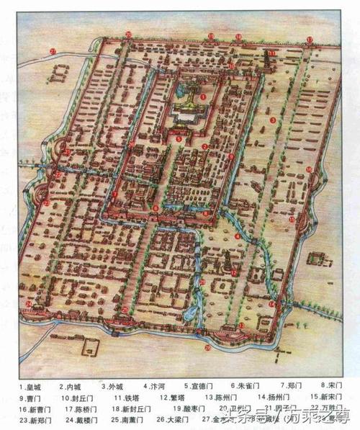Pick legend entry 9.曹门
pos(30,396)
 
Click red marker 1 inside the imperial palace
pos(204,95)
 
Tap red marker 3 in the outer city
pos(273,120)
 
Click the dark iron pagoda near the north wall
pos(264,63)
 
